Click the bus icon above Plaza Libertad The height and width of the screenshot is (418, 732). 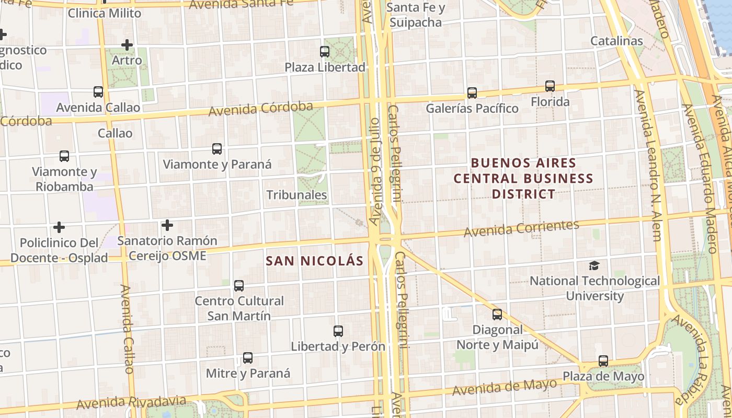tap(325, 52)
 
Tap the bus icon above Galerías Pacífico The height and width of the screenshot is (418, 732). tap(472, 93)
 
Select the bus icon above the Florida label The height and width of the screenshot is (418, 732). tap(550, 86)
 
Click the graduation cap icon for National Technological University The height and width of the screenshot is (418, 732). tap(594, 265)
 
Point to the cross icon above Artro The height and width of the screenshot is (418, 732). tap(127, 45)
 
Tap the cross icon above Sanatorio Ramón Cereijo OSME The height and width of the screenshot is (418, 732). tap(167, 225)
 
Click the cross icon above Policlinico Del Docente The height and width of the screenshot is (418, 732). tap(59, 227)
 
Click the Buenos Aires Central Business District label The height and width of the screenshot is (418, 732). tap(523, 178)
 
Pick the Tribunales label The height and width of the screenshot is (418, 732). tap(296, 195)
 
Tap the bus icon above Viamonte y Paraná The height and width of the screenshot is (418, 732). tap(217, 149)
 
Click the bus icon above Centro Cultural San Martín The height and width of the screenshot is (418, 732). tap(239, 286)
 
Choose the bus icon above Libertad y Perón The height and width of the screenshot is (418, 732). tap(338, 331)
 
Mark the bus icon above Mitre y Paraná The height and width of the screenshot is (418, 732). tap(248, 358)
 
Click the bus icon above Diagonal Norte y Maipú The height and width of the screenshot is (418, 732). tap(497, 315)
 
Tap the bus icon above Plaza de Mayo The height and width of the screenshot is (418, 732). tap(603, 361)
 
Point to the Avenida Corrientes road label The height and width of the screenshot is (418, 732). tap(521, 228)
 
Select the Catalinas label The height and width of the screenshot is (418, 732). tap(616, 41)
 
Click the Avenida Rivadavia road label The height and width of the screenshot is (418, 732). tap(131, 403)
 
